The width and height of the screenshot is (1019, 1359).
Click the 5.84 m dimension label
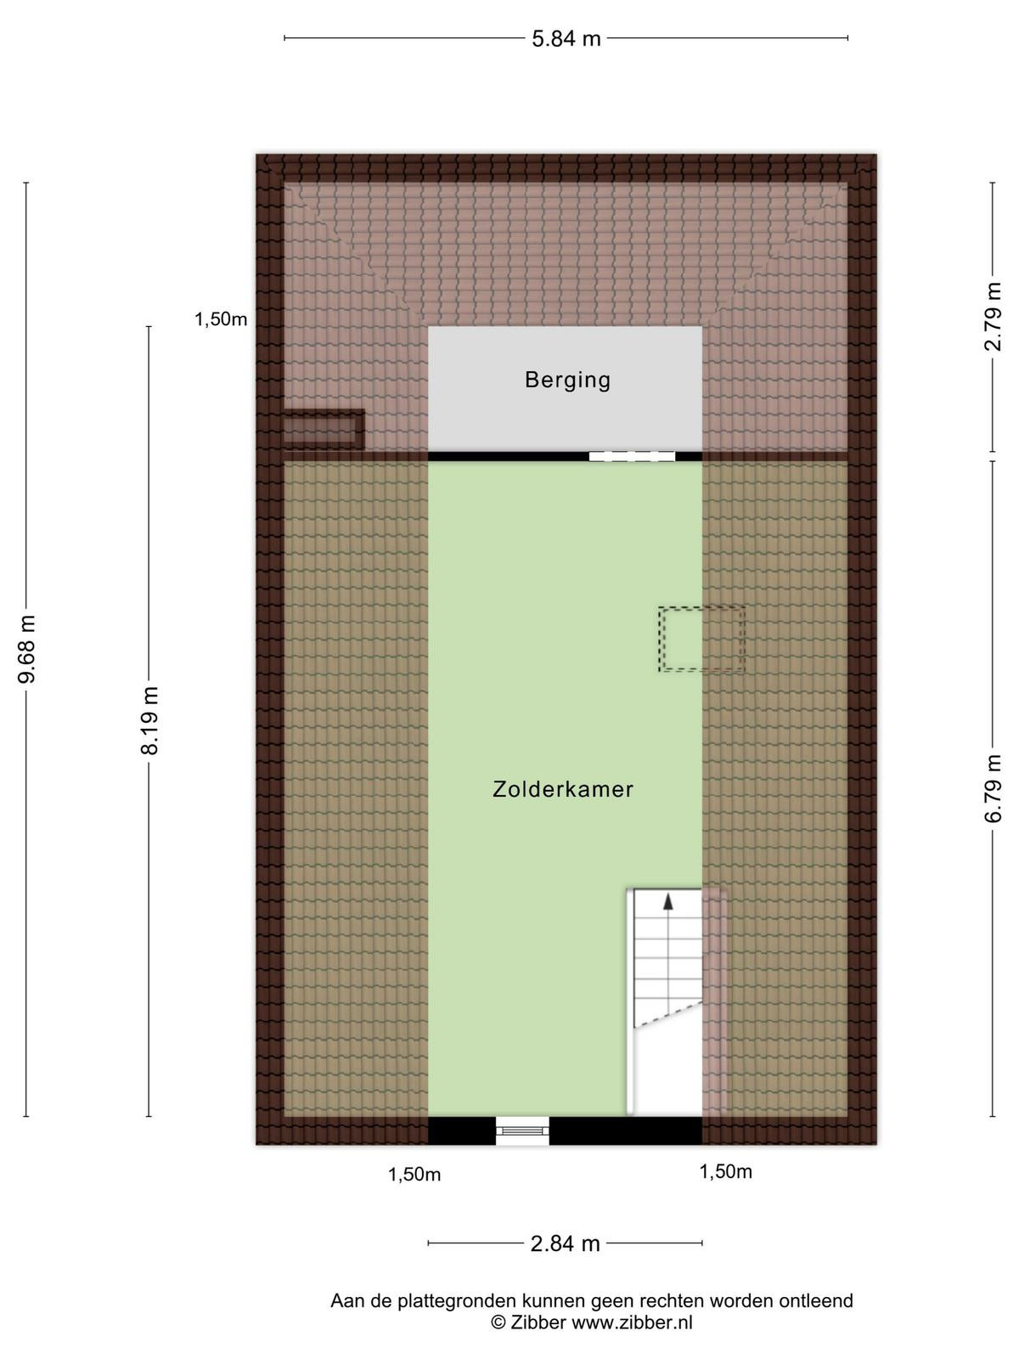[x=566, y=38]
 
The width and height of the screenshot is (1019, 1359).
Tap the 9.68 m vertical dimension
[x=26, y=648]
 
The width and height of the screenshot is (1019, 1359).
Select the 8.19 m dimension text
[x=149, y=720]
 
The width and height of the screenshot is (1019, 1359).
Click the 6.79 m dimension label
[x=993, y=787]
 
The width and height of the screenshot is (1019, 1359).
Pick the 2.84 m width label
[x=566, y=1243]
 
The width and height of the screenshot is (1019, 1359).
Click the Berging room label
[x=567, y=380]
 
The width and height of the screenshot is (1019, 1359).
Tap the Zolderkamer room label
[x=563, y=789]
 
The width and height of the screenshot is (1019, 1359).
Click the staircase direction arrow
[x=667, y=902]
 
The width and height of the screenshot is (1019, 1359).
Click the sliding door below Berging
[x=632, y=456]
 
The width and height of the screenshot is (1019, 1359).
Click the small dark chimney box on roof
[x=323, y=428]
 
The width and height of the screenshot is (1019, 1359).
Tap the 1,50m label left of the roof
[x=221, y=319]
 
